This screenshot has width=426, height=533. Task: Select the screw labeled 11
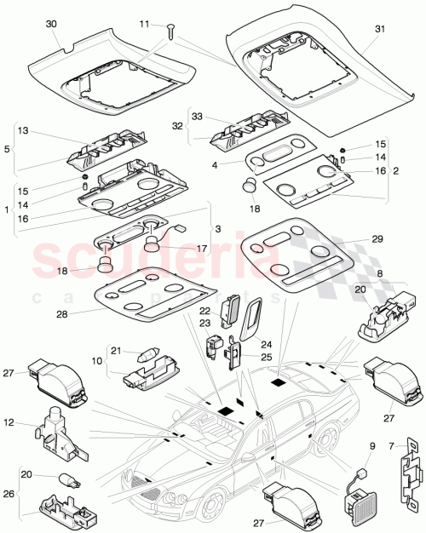point(172,32)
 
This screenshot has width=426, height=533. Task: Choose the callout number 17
point(203,249)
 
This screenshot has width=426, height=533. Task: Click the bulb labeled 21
point(145,352)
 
